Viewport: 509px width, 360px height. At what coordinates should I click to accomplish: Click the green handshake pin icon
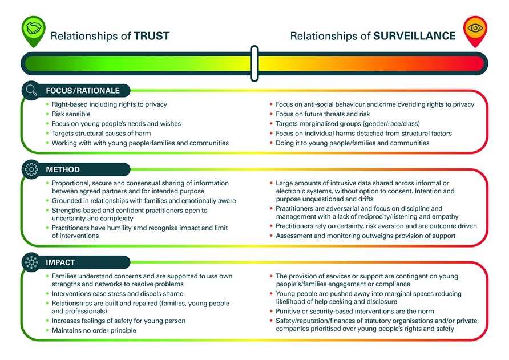tap(34, 30)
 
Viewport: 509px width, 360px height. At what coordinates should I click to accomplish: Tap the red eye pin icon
tap(475, 30)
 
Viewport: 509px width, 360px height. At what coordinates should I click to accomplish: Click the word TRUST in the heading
tap(152, 36)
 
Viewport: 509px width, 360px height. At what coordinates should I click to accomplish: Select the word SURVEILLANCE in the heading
tap(414, 36)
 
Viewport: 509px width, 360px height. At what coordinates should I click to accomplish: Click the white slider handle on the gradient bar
tap(255, 63)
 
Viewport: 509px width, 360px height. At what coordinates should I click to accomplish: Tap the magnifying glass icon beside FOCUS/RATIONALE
tap(31, 90)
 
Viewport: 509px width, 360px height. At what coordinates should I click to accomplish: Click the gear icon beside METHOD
tap(31, 169)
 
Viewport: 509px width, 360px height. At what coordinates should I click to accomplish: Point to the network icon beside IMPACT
tap(31, 262)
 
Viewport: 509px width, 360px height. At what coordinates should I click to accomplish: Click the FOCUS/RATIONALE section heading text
tap(83, 91)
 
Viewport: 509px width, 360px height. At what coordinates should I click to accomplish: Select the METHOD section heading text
tap(63, 169)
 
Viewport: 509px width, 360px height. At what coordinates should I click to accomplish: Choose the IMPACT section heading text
tap(60, 262)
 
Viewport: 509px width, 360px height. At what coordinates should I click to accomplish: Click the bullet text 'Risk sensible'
tap(71, 114)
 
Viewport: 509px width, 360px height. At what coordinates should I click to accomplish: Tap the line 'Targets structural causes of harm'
tap(101, 133)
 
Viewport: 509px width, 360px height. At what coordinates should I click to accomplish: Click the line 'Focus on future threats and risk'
tap(322, 114)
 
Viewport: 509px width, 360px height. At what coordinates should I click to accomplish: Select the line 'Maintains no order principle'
tap(94, 330)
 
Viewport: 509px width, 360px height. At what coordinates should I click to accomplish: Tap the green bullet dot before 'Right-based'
tap(47, 104)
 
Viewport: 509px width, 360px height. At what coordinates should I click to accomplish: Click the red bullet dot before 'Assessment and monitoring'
tap(271, 236)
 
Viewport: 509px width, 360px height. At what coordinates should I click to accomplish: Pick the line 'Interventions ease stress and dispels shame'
tap(118, 293)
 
